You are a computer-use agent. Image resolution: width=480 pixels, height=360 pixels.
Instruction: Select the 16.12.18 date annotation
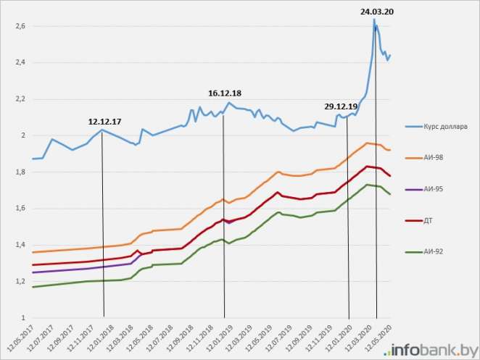(225, 93)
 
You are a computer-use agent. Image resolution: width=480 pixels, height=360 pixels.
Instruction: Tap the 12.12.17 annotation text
(105, 122)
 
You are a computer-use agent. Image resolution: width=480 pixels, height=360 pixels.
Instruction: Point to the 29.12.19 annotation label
(342, 106)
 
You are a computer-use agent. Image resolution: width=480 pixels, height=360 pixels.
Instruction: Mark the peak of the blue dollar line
(374, 20)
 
